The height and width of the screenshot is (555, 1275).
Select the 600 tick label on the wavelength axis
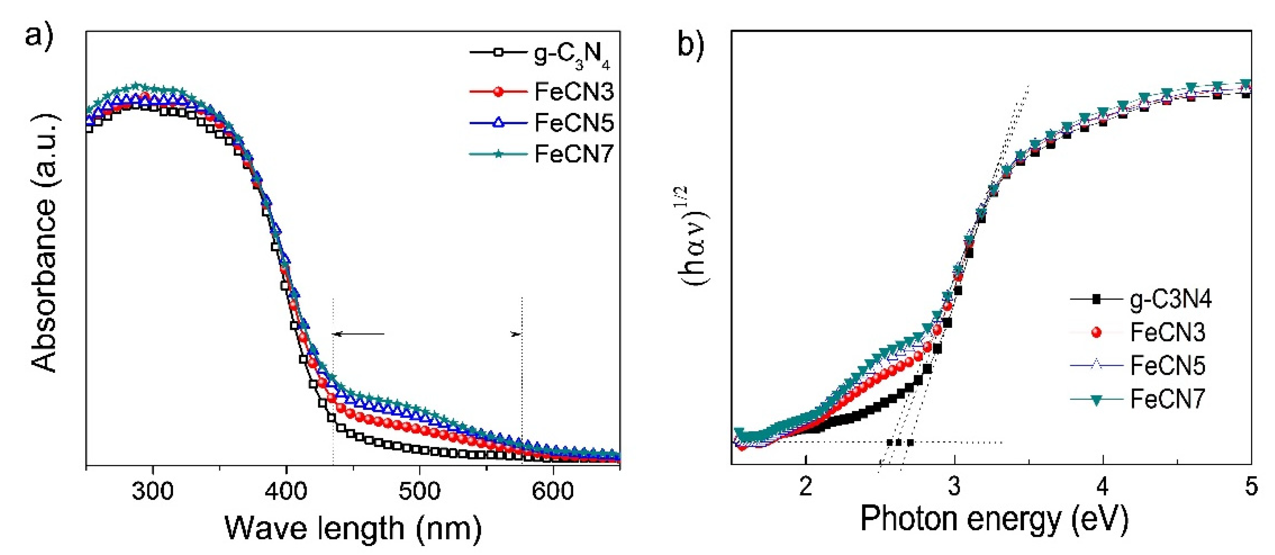[x=552, y=492]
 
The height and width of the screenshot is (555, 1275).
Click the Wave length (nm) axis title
[x=353, y=528]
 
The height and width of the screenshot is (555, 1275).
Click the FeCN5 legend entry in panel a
[x=574, y=123]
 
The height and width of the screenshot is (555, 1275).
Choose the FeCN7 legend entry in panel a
[x=574, y=154]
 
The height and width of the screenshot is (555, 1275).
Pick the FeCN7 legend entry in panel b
[x=1167, y=399]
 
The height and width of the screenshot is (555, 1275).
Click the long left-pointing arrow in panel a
[x=359, y=334]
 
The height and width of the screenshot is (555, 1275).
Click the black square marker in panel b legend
[x=1096, y=299]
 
